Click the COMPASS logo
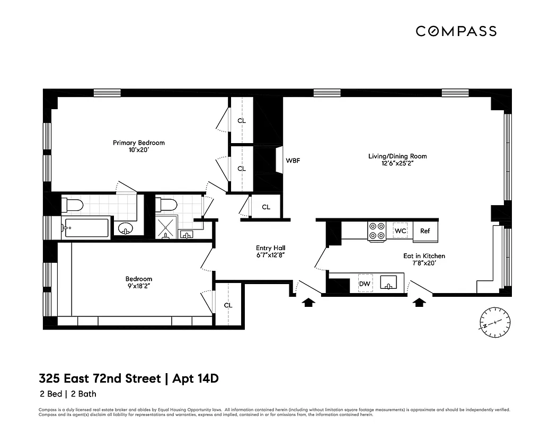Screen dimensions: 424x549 point(456,31)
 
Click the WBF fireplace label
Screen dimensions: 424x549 point(293,160)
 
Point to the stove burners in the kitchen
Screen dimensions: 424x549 point(377,231)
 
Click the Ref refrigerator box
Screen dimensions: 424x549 point(425,231)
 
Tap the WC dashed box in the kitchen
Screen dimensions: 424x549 point(401,231)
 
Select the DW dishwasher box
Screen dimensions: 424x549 point(365,284)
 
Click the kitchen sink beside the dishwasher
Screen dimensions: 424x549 point(389,284)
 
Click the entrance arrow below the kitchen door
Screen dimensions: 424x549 point(420,303)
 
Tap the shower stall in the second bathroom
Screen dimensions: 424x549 point(167,228)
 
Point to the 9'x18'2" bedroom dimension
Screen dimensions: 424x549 point(139,287)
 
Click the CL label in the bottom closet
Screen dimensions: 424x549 point(228,305)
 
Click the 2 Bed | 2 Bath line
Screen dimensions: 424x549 point(67,394)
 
